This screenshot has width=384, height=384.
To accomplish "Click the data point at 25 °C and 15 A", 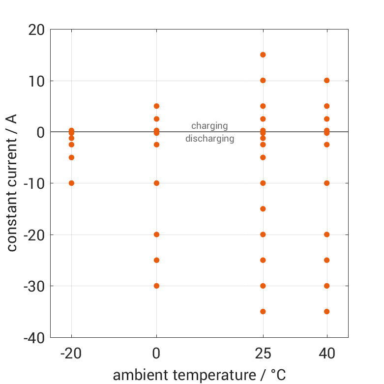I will (x=263, y=55).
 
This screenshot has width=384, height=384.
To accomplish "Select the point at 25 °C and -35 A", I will (x=263, y=311).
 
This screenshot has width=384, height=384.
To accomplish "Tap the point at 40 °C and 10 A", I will (x=326, y=80).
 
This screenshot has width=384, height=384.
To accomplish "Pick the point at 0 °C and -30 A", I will (x=156, y=286).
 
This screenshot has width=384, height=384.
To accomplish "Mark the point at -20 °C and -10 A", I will (x=71, y=183).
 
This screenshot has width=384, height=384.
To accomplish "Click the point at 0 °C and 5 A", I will (x=156, y=106).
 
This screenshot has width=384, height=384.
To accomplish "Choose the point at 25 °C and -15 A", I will (x=263, y=208).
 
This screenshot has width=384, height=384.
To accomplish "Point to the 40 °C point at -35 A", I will (x=326, y=311).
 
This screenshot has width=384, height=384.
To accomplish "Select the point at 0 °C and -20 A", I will (x=156, y=235).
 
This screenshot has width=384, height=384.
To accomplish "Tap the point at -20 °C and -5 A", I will (x=71, y=157).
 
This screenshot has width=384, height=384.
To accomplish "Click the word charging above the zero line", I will (x=209, y=126).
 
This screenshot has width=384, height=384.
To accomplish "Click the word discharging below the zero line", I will (x=209, y=139).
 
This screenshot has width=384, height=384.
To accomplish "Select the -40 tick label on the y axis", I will (x=33, y=337).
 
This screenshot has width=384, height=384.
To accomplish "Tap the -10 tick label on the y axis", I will (x=33, y=183).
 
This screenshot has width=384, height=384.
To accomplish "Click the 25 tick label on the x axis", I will (x=263, y=354).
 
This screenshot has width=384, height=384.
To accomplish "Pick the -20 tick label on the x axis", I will (x=71, y=354).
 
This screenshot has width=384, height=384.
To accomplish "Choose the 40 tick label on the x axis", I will (x=326, y=354).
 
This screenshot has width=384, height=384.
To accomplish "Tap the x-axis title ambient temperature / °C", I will (x=199, y=375).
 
